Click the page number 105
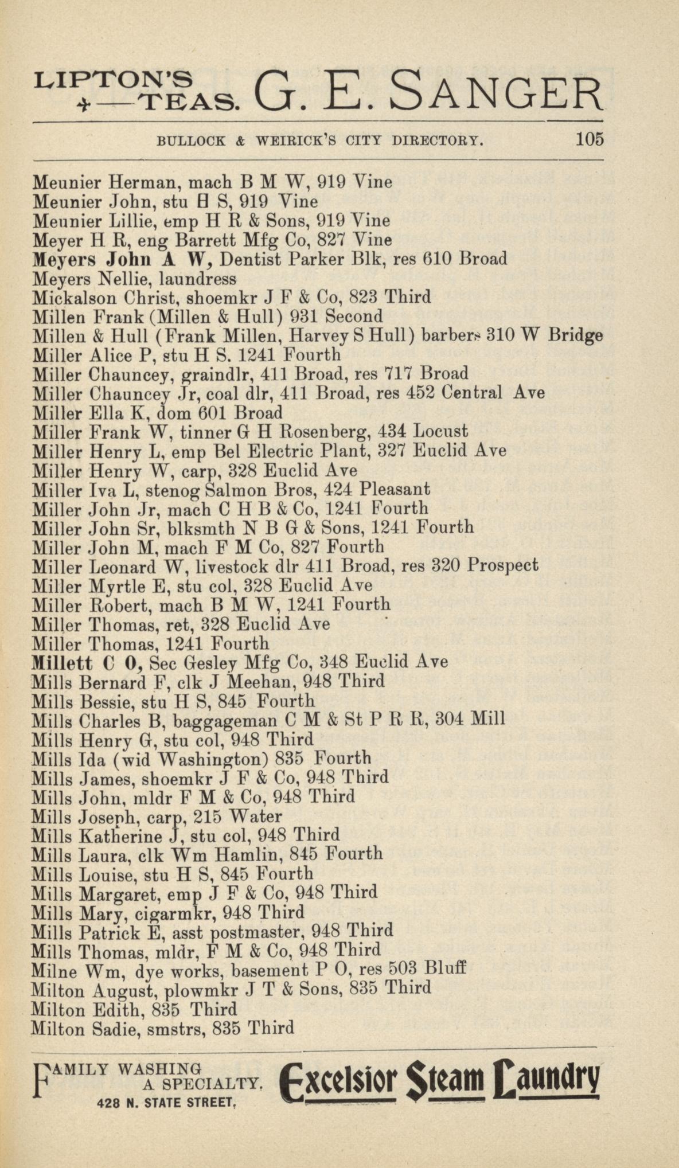(590, 139)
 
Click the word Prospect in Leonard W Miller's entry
(502, 566)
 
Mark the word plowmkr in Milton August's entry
(200, 989)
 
